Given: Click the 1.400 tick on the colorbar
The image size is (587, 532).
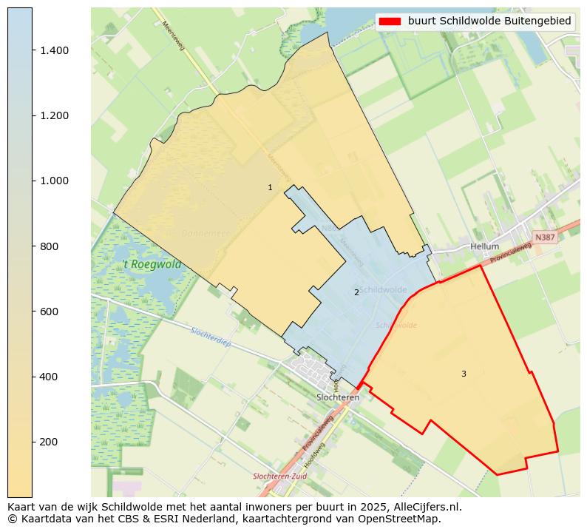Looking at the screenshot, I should click(x=33, y=50).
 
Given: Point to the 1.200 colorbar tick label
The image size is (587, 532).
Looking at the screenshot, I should click(x=54, y=115).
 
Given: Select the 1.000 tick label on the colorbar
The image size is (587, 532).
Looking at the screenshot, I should click(x=54, y=181).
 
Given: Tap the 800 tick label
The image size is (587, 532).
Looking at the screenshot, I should click(x=49, y=246).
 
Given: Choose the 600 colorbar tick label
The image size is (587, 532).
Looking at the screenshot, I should click(x=49, y=312).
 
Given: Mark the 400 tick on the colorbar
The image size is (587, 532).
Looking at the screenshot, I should click(x=33, y=377).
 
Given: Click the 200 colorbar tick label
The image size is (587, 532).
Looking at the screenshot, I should click(x=49, y=442).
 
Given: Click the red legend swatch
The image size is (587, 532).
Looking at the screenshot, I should click(x=390, y=21).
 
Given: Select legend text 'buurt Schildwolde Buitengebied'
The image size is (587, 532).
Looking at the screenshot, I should click(x=489, y=21).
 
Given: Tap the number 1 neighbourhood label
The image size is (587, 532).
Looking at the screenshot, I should click(x=270, y=188).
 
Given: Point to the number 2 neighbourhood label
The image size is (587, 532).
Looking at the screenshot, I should click(x=356, y=293).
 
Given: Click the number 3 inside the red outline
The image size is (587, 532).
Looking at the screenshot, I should click(x=464, y=374).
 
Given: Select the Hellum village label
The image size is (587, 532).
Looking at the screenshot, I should click(x=484, y=246).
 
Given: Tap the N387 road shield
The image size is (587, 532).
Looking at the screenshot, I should click(x=544, y=238).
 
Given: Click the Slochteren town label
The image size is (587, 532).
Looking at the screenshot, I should click(x=337, y=397).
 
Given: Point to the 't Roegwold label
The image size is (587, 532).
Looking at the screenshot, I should click(x=152, y=264).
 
